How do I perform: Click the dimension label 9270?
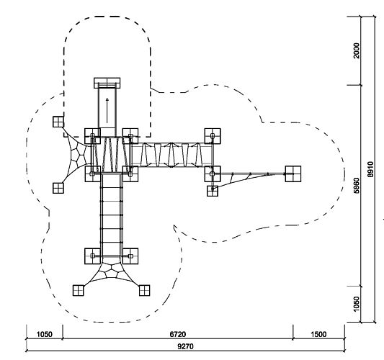[185, 346]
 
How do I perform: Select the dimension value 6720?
[178, 334]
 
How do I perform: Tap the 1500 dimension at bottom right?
[318, 334]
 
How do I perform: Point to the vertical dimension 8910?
[370, 169]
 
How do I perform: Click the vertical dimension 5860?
[357, 186]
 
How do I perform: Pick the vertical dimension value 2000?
[357, 50]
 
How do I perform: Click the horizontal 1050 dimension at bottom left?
[45, 334]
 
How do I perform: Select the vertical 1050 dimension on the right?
[357, 305]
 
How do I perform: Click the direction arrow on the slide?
[107, 110]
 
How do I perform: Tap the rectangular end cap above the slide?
[107, 83]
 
